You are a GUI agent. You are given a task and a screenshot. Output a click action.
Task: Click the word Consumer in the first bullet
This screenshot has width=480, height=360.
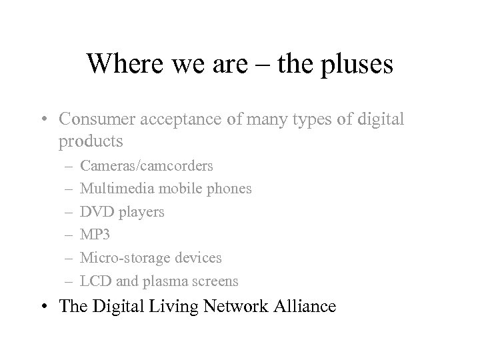tap(93, 119)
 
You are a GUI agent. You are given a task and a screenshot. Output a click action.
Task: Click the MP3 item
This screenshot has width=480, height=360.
tap(93, 235)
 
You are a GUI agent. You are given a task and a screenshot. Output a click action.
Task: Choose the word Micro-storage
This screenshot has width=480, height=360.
tap(121, 257)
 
